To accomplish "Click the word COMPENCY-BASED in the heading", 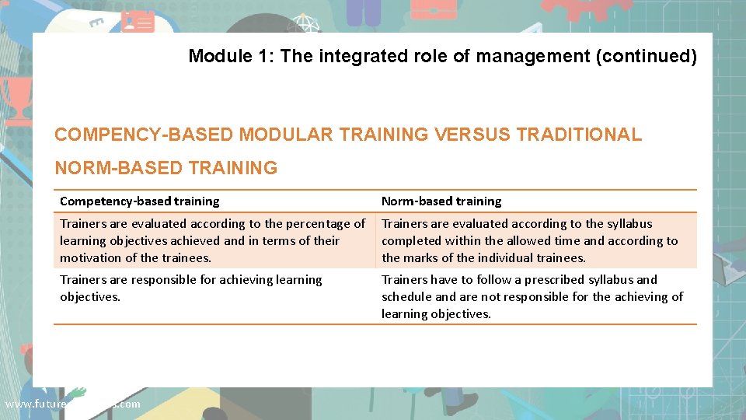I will pos(144,135).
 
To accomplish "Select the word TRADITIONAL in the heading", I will pos(579,135).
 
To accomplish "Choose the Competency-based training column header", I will pos(140,201).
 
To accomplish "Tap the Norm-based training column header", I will pos(441,201).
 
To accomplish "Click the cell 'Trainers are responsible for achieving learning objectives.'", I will pos(190,288).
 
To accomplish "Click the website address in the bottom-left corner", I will pos(72,404).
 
